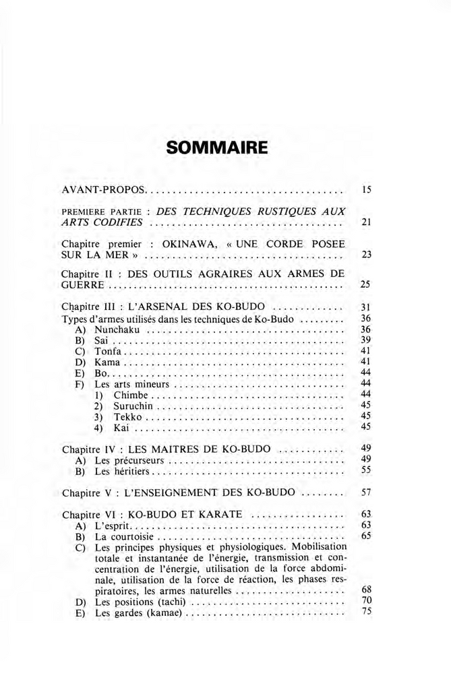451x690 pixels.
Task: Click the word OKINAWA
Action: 187,243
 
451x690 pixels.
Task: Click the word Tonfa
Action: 108,351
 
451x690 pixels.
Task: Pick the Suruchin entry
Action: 135,406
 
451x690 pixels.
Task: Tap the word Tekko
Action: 127,416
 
